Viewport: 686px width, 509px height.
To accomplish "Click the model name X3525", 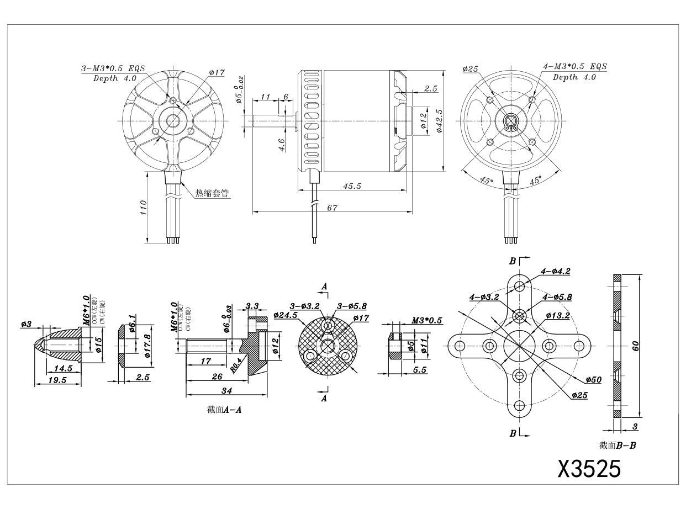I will coord(589,469).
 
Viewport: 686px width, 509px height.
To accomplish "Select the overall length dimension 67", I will coord(332,208).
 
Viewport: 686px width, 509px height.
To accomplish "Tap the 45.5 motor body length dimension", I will coord(352,187).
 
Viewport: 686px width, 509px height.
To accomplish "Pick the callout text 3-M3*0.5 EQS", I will coord(113,69).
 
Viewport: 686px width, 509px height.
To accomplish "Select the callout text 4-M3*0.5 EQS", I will coord(574,66).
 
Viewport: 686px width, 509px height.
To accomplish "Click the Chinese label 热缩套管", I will coord(212,193).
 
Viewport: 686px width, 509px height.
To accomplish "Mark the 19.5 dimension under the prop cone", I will coord(57,380).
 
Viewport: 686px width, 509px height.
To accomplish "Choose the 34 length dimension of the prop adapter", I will coord(226,391).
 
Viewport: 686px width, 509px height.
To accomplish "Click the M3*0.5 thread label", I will coord(426,321).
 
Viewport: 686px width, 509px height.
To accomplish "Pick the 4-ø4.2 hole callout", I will coord(555,271).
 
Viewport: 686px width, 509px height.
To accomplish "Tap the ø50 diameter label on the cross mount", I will coord(594,380).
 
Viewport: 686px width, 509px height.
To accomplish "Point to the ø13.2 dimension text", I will coord(558,315).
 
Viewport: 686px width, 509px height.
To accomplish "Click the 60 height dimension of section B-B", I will coord(636,346).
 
